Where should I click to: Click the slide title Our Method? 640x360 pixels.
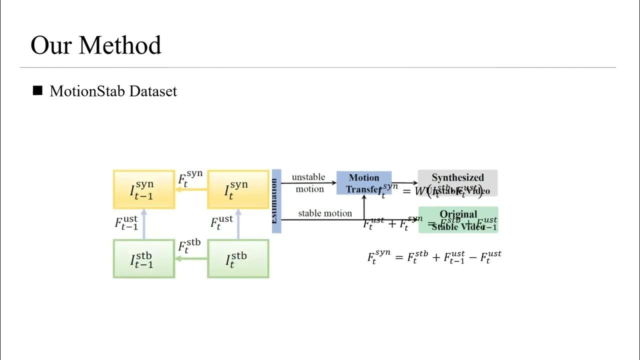(95, 45)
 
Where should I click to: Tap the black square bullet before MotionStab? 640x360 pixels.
(37, 91)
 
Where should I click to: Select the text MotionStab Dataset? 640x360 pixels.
(113, 91)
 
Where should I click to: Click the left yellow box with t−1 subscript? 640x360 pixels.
(144, 189)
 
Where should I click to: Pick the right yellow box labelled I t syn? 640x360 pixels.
(238, 189)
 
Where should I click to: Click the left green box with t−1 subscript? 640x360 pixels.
(144, 259)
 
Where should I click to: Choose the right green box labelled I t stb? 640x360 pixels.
(238, 259)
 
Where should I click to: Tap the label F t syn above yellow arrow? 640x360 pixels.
(190, 177)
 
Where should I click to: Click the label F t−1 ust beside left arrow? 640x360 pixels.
(126, 223)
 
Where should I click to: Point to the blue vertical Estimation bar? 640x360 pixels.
(276, 201)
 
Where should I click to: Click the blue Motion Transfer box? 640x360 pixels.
(363, 183)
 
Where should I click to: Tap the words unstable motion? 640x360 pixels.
(308, 183)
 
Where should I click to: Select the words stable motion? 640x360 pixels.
(325, 213)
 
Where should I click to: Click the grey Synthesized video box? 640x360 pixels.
(457, 183)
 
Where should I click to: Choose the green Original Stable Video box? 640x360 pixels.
(458, 219)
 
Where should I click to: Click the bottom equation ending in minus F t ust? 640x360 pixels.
(434, 257)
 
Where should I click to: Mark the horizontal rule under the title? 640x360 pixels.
(318, 67)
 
